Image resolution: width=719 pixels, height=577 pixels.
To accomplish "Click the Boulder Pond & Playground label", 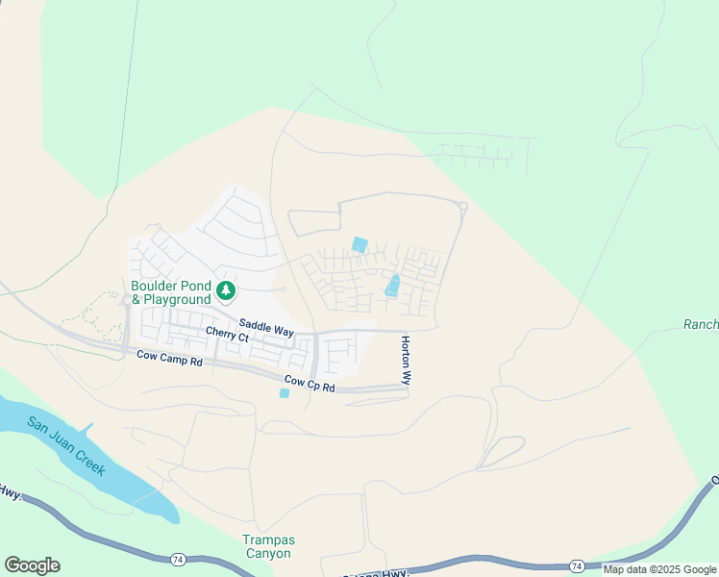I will (x=171, y=292).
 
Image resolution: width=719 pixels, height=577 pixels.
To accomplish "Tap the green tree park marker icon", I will (x=226, y=289).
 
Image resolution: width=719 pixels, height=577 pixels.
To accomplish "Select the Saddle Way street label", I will (x=266, y=330).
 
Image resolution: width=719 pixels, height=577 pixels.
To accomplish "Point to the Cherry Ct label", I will (x=227, y=336).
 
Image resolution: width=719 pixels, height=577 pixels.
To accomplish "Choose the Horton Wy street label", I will (x=406, y=361).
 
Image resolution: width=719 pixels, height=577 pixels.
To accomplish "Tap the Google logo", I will (x=32, y=565).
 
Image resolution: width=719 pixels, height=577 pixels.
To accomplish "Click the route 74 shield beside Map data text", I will (x=576, y=565).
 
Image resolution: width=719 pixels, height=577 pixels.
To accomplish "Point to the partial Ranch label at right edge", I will (x=701, y=325).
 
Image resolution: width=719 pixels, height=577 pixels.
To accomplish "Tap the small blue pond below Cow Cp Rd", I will (x=284, y=393).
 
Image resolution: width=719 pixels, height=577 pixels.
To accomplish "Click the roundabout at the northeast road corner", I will (x=463, y=206).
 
